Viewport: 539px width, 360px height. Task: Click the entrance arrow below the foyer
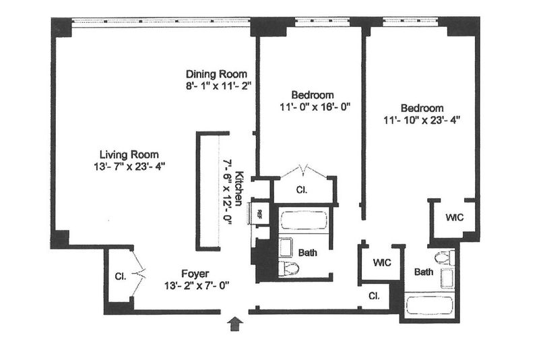[x=236, y=324]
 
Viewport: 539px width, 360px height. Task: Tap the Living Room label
[x=129, y=154]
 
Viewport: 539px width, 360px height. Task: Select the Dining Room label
[x=216, y=74]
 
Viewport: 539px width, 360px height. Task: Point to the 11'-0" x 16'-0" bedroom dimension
[x=315, y=107]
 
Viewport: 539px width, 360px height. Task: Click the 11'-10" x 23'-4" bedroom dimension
[x=422, y=121]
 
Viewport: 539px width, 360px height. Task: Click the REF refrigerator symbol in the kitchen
[x=259, y=214]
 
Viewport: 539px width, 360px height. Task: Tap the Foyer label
[x=195, y=274]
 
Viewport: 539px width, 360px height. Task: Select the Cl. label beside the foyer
[x=121, y=276]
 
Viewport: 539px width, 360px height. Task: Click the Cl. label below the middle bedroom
[x=301, y=190]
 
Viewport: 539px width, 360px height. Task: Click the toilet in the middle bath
[x=289, y=268]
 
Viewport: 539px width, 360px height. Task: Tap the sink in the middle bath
[x=285, y=247]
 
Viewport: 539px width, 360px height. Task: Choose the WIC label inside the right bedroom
[x=454, y=217]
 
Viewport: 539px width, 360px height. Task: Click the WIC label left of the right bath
[x=382, y=263]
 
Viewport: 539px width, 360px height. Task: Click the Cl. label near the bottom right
[x=374, y=296]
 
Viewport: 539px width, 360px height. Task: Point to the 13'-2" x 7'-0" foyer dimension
[x=197, y=286]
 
